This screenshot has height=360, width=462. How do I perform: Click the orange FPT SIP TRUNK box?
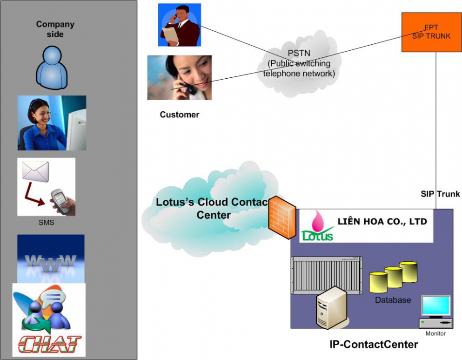431,32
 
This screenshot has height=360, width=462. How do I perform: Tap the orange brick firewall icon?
282,217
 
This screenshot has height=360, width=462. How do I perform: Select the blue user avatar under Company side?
52,68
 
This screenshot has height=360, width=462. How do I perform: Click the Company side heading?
55,29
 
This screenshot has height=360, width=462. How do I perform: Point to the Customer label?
180,115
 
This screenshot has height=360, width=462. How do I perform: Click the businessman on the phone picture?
180,25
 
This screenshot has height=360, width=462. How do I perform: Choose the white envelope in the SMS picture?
36,171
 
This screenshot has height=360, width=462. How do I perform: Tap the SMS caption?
46,222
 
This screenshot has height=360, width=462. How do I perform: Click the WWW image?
51,259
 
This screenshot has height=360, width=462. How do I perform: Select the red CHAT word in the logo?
49,344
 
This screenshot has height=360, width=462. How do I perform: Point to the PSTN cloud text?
299,63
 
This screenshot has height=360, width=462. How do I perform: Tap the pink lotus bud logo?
318,221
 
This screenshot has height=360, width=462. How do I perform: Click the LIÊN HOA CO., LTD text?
382,221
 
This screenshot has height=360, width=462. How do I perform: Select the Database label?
393,300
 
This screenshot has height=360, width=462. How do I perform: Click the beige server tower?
331,307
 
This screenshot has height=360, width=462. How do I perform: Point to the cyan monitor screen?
436,305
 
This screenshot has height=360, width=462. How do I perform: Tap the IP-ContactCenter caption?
374,344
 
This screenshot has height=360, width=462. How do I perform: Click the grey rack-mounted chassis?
327,275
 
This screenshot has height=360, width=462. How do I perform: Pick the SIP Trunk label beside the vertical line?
440,194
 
